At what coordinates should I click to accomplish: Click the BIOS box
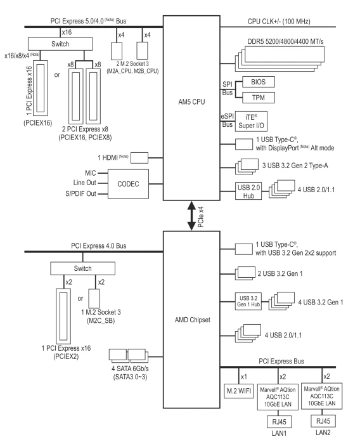tap(259, 82)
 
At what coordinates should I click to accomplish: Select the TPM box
tap(259, 98)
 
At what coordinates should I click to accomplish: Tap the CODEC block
tap(128, 184)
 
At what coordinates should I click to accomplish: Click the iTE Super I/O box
tap(251, 121)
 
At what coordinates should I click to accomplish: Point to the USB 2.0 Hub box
tap(248, 191)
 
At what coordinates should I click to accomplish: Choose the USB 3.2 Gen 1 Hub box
tap(248, 301)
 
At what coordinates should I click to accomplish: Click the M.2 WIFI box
tap(238, 391)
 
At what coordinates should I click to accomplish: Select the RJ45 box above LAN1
tap(279, 422)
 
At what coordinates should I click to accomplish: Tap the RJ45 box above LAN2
tap(323, 421)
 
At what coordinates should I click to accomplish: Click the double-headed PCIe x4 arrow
tap(191, 216)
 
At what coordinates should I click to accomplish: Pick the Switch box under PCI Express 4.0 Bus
tap(82, 268)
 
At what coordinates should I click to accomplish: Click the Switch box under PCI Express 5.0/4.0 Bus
tap(60, 44)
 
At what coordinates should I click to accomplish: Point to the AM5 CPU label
tap(191, 102)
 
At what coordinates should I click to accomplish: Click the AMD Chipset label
tap(193, 320)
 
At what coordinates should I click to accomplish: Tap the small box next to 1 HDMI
tap(139, 158)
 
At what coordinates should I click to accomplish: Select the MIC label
tap(91, 173)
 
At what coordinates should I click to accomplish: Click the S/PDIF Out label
tap(80, 193)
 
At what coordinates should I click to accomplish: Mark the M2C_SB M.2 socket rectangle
tap(94, 299)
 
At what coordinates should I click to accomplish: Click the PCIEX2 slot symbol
tap(63, 316)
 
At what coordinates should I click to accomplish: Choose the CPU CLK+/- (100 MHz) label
tap(279, 21)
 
